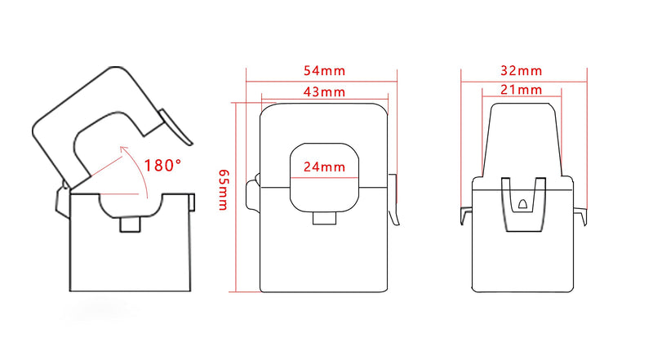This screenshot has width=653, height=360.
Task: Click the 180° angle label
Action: [x=162, y=166]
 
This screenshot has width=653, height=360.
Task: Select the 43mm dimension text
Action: [x=324, y=91]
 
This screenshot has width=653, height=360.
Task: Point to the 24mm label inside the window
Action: [x=324, y=167]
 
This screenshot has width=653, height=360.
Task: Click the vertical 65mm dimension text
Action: [x=222, y=190]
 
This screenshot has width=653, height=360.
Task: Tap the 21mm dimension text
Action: [x=522, y=91]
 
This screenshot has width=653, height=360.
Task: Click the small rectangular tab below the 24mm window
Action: [x=323, y=218]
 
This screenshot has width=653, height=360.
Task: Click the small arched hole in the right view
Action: [x=522, y=203]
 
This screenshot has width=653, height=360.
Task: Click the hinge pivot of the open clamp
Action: [x=62, y=198]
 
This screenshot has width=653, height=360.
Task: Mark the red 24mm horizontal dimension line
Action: [x=324, y=177]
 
